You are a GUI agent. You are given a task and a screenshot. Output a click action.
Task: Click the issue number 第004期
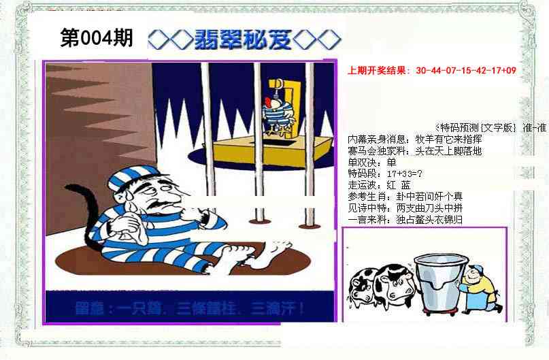(97, 39)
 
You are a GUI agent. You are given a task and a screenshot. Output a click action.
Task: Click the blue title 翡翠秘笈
(243, 39)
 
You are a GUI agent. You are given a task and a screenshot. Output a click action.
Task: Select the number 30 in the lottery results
(420, 70)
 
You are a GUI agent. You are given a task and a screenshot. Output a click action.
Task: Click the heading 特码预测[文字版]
(476, 127)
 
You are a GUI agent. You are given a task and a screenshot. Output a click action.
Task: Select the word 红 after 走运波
(390, 184)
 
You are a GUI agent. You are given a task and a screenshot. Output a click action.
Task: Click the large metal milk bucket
(434, 280)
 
